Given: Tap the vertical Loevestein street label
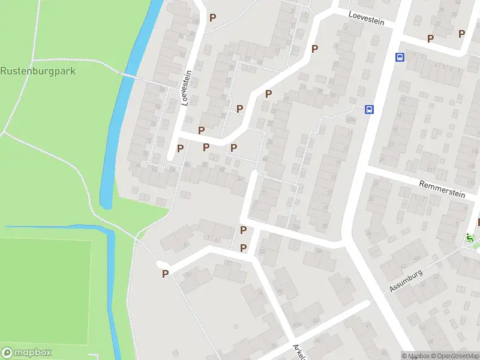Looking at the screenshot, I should point(186,88).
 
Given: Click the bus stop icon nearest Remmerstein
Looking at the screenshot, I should point(370,109).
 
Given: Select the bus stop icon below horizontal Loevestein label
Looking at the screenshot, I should point(400,58).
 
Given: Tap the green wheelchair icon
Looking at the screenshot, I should point(470,238).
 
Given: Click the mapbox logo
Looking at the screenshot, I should point(26,352).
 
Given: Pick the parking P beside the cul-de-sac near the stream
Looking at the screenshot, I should point(165,274).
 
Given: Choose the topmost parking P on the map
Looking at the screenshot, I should point(212,17).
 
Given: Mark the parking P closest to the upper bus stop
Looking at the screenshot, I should point(430,38).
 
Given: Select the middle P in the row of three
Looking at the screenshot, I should point(206,147).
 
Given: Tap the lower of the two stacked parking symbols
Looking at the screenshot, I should point(243,248).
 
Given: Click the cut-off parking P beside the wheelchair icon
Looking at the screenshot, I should point(478,223).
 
